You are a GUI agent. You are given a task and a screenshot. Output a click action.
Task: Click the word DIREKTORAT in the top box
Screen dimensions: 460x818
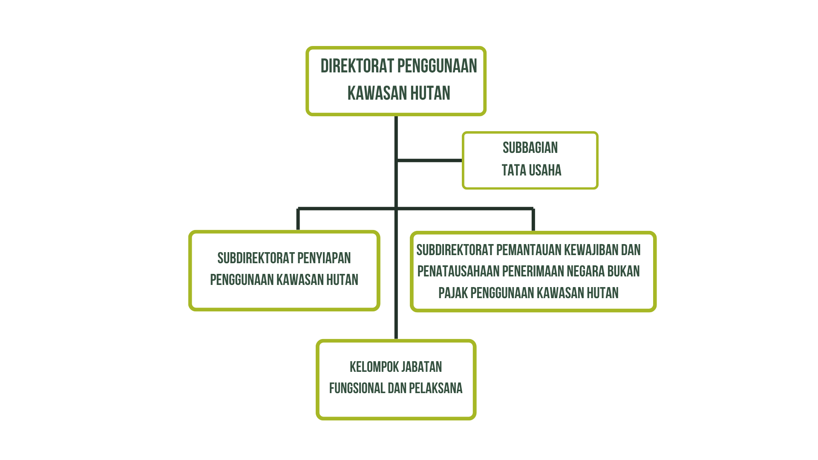coord(357,66)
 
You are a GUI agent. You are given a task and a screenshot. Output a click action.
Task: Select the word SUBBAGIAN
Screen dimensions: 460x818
coord(530,148)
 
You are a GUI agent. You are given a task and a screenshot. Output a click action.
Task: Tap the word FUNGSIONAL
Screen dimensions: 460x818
coord(357,388)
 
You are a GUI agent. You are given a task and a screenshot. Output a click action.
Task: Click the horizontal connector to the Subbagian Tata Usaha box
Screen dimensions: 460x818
coord(429,161)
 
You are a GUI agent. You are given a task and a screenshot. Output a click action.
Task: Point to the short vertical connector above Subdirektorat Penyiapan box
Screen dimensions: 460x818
coord(298,219)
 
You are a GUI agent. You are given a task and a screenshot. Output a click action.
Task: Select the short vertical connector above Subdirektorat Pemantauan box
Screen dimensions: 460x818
coord(533,220)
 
